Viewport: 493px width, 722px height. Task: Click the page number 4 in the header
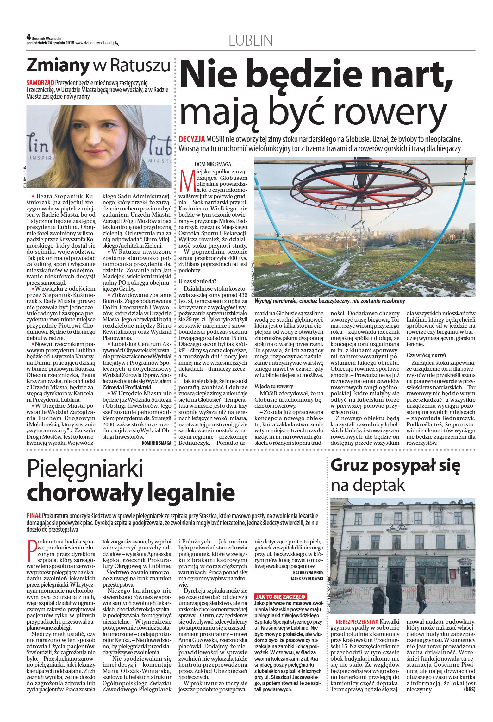click(x=28, y=37)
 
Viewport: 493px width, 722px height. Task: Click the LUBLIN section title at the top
click(x=250, y=41)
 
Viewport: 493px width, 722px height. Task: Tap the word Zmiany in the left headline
click(x=58, y=66)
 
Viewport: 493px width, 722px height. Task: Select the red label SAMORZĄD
click(x=40, y=83)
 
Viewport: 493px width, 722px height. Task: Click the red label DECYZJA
click(x=192, y=139)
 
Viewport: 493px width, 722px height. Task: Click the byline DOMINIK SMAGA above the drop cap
click(x=213, y=164)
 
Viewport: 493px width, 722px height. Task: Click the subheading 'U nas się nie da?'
click(x=197, y=281)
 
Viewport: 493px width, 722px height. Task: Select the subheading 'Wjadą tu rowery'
click(x=274, y=386)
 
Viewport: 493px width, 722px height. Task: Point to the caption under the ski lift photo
click(x=329, y=301)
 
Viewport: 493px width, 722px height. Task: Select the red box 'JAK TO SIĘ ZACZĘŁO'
click(x=280, y=596)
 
